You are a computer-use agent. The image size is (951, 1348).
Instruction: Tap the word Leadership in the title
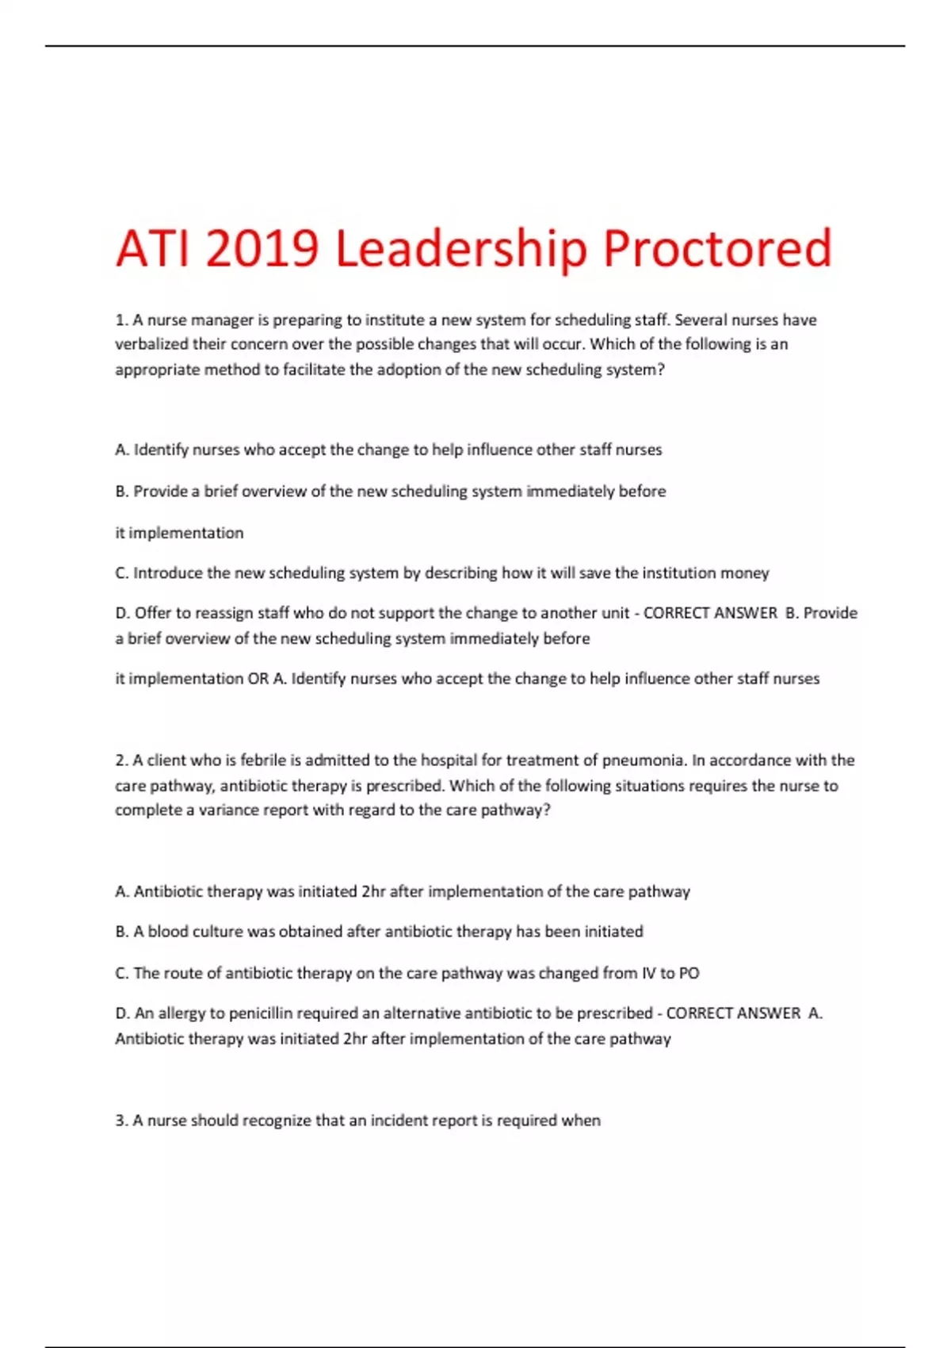tap(460, 248)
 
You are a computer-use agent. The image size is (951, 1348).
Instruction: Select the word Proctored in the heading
tap(717, 248)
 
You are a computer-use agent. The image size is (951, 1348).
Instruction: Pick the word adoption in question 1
tap(407, 370)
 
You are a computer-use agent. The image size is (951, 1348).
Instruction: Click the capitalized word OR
tap(258, 679)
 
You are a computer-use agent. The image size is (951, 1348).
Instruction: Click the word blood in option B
tap(167, 932)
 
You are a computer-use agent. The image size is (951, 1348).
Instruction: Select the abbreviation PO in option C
tap(689, 973)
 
